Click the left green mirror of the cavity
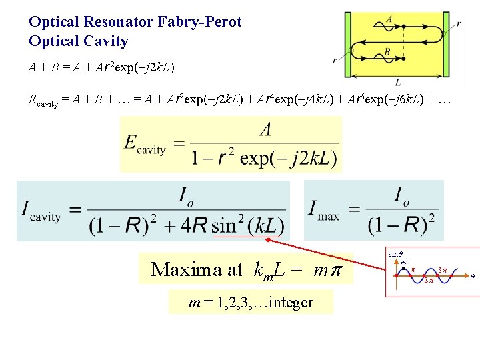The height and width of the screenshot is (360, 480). tap(347, 45)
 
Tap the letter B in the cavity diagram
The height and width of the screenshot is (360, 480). tap(387, 51)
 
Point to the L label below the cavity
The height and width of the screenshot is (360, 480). tap(398, 83)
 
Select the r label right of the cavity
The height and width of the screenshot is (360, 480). tap(459, 24)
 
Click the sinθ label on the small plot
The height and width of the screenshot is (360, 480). tap(395, 254)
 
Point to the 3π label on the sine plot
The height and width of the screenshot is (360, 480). tap(443, 269)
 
